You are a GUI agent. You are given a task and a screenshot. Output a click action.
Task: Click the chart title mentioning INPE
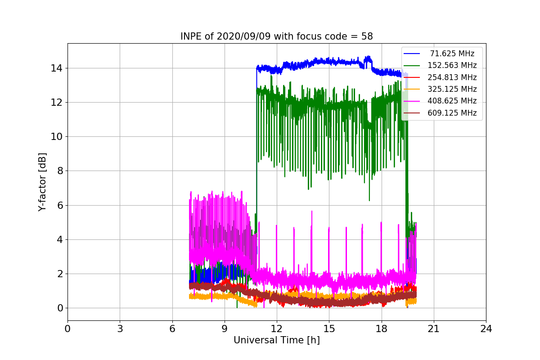click(276, 36)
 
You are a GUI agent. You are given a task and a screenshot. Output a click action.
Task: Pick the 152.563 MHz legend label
click(452, 65)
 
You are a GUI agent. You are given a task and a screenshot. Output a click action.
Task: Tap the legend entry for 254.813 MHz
click(452, 77)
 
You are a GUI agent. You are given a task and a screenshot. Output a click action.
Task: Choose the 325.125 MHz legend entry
click(452, 89)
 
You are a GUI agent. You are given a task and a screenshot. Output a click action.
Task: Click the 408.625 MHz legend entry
click(452, 101)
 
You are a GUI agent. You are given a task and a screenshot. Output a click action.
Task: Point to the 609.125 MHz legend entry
click(452, 113)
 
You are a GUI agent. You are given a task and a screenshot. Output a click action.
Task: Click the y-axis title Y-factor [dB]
click(42, 182)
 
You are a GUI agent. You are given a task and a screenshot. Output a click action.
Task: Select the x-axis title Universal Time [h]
click(276, 340)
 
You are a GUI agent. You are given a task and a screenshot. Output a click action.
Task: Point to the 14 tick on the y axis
click(56, 68)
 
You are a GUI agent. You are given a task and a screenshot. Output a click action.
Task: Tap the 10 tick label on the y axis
click(56, 137)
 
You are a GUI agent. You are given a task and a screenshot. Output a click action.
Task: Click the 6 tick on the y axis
click(60, 206)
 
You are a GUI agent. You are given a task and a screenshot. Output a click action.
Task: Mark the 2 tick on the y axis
click(60, 274)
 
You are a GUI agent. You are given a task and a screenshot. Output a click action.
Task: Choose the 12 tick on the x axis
click(277, 328)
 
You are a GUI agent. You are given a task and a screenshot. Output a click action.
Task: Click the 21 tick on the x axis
click(434, 328)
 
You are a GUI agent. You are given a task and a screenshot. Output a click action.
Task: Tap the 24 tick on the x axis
click(486, 328)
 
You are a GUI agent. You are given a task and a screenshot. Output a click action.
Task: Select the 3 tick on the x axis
click(120, 328)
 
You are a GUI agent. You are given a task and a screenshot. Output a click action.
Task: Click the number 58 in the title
click(367, 36)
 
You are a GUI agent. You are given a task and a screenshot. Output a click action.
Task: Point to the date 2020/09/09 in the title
click(243, 36)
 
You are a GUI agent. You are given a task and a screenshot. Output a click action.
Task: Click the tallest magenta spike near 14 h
click(312, 211)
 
